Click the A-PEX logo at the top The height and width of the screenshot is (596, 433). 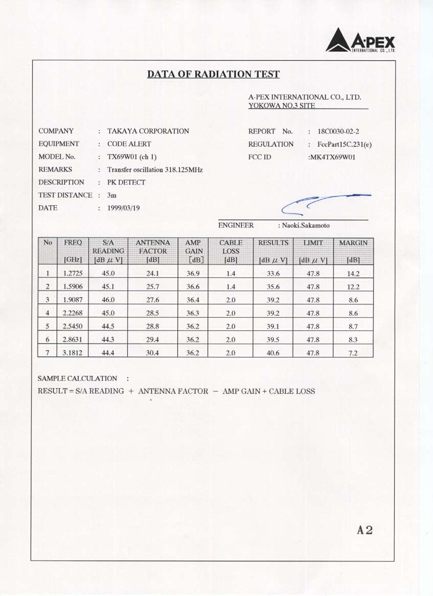click(360, 40)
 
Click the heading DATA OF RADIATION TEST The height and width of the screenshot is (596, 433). click(213, 75)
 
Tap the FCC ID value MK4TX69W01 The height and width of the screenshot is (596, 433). click(332, 157)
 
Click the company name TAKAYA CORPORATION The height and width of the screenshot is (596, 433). click(148, 131)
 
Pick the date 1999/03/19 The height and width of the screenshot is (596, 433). click(123, 208)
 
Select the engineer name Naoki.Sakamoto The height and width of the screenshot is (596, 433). click(303, 225)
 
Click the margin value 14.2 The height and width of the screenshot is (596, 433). click(353, 273)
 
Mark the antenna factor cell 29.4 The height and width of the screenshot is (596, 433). click(153, 340)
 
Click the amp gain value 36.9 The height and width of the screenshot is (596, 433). click(193, 273)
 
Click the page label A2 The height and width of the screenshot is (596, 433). click(365, 530)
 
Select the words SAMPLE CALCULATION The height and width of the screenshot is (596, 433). click(77, 378)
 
